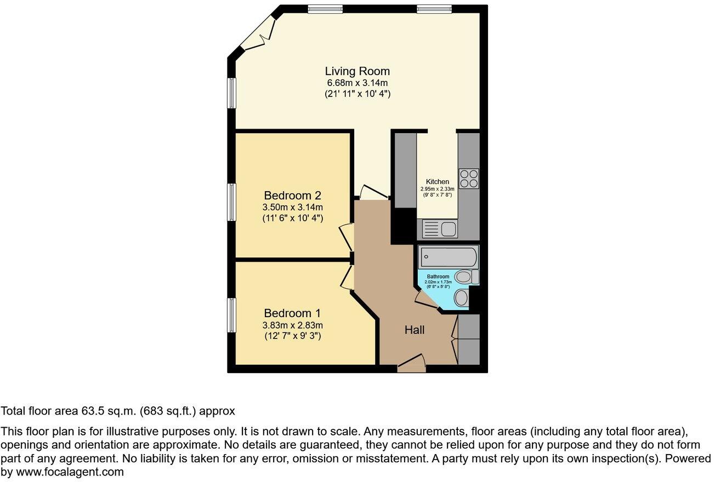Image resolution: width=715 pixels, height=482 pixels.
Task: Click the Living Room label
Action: [357, 71]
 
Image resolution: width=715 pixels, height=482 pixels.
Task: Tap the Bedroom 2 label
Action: [292, 196]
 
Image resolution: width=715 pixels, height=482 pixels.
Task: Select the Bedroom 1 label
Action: [292, 313]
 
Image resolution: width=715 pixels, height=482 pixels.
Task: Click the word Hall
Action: [415, 330]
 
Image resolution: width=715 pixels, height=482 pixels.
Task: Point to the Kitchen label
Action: [437, 182]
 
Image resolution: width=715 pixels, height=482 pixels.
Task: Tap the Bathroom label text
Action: [438, 277]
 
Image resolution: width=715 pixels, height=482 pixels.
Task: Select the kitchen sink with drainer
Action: [438, 228]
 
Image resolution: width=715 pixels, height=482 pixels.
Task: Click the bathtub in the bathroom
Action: [448, 257]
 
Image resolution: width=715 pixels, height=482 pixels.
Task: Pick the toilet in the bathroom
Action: [467, 277]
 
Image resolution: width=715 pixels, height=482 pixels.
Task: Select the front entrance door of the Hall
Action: [412, 364]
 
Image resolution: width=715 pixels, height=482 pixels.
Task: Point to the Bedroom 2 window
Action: [232, 202]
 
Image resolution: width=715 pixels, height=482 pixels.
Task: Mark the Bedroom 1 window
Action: [232, 315]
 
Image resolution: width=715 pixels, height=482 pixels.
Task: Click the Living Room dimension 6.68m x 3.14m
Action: [357, 83]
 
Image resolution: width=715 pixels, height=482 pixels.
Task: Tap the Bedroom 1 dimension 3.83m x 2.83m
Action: [292, 325]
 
